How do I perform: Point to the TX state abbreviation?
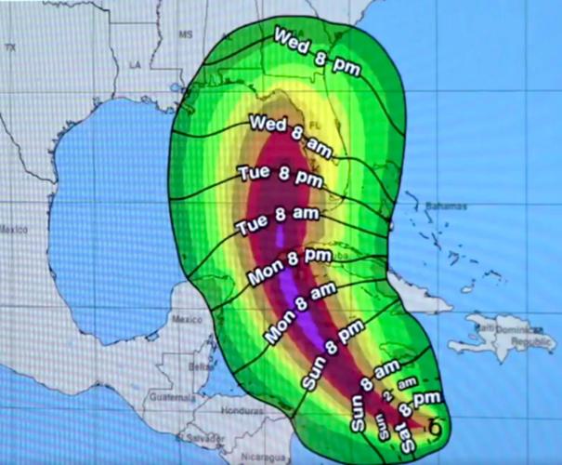[x=11, y=46]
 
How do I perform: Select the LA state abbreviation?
[x=135, y=64]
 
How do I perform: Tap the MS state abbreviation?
[x=185, y=33]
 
